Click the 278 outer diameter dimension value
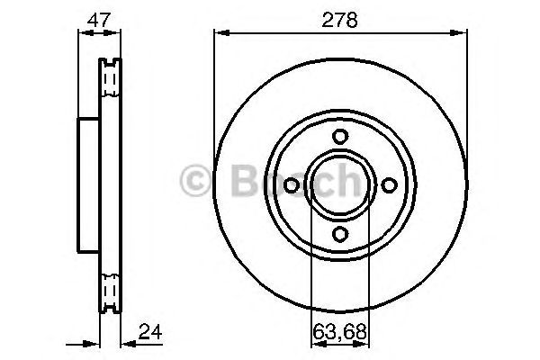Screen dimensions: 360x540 pyautogui.click(x=340, y=19)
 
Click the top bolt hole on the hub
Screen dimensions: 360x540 pyautogui.click(x=340, y=136)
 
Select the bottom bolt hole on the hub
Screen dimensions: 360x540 pyautogui.click(x=340, y=234)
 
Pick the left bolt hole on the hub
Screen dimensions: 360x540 pyautogui.click(x=291, y=184)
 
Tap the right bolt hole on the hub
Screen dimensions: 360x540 pyautogui.click(x=390, y=184)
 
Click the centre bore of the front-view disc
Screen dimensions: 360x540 pyautogui.click(x=340, y=184)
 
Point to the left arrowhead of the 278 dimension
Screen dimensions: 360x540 pyautogui.click(x=219, y=33)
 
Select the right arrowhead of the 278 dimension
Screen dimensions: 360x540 pyautogui.click(x=463, y=33)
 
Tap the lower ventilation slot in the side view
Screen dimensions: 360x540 pyautogui.click(x=110, y=290)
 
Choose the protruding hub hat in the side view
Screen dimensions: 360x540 pyautogui.click(x=88, y=184)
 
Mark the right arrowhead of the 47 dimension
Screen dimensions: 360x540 pyautogui.click(x=117, y=33)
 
